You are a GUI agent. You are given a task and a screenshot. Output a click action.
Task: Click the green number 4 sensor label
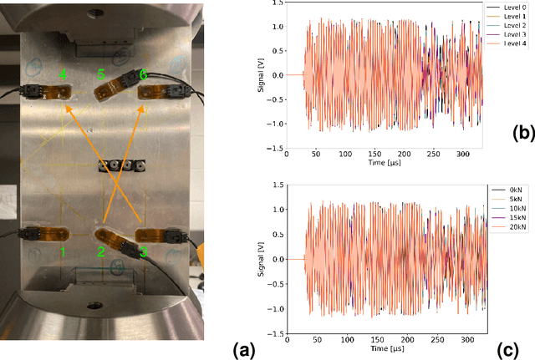coord(63,75)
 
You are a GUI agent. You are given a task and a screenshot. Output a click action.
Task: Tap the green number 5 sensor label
coord(101,75)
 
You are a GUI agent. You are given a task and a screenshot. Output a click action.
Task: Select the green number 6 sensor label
coord(144,75)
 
